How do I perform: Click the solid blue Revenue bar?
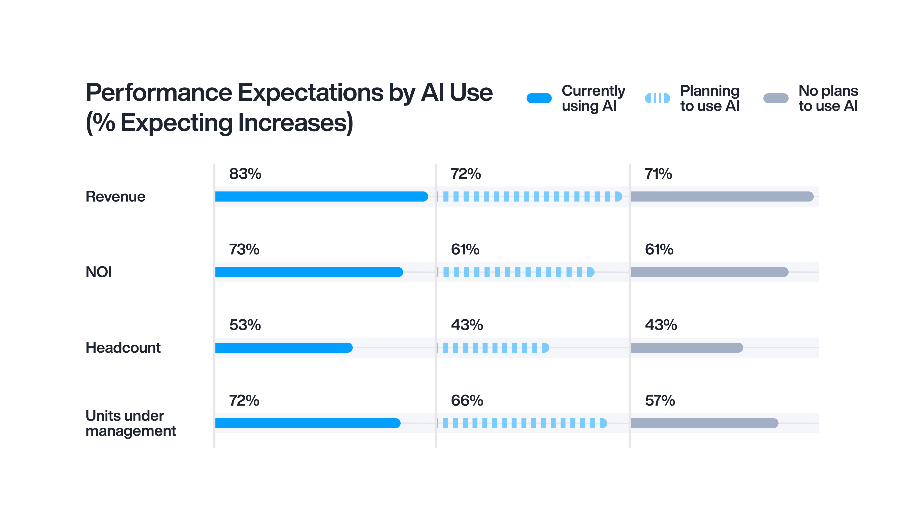click(x=321, y=196)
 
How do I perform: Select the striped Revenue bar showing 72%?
click(x=529, y=196)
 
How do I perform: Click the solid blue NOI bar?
click(x=309, y=272)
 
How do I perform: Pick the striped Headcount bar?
click(x=493, y=348)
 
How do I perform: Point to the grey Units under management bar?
click(x=704, y=423)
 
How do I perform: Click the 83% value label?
click(x=245, y=174)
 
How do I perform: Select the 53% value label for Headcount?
click(x=245, y=325)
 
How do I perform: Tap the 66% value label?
click(x=467, y=401)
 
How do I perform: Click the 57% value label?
click(x=660, y=401)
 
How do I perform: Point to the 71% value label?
click(x=658, y=174)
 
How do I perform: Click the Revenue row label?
click(x=116, y=197)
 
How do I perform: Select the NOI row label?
click(x=99, y=272)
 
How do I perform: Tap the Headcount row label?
click(x=123, y=348)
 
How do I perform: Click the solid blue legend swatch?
click(x=539, y=98)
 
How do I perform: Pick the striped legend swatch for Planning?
click(x=657, y=98)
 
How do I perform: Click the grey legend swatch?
click(x=776, y=98)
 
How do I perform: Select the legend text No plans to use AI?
click(x=828, y=98)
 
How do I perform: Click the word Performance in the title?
click(x=159, y=93)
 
